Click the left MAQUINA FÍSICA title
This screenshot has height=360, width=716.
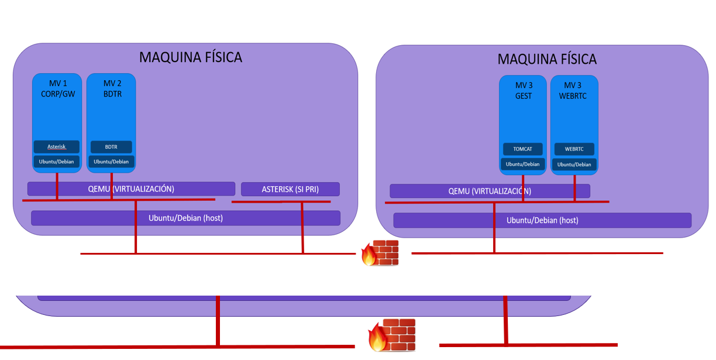pos(190,57)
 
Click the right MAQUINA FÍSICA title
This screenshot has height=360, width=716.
pos(546,59)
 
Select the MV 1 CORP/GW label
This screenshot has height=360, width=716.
pos(57,88)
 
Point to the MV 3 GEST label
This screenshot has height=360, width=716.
pos(523,91)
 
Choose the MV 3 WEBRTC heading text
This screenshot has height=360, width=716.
pos(574,91)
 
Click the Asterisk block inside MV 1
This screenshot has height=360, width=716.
pos(56,147)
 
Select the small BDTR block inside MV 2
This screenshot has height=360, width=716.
pos(111,147)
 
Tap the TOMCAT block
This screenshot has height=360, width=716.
pos(523,149)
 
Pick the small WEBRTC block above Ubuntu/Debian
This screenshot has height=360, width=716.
pos(574,149)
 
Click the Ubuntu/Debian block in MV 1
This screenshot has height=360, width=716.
pos(56,162)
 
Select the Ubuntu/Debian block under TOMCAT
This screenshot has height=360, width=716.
pos(523,164)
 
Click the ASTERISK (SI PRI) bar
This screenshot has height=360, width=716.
pos(290,189)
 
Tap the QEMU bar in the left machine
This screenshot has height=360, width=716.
pos(131,188)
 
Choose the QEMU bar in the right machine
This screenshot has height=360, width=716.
pos(490,191)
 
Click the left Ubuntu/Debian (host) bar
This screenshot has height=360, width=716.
pos(185,218)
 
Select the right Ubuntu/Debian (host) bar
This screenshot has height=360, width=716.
pos(542,220)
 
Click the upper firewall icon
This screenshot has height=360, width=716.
pos(380,253)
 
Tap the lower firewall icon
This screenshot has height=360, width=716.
pos(392,335)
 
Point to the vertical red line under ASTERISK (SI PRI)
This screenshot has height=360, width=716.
pos(302,228)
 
